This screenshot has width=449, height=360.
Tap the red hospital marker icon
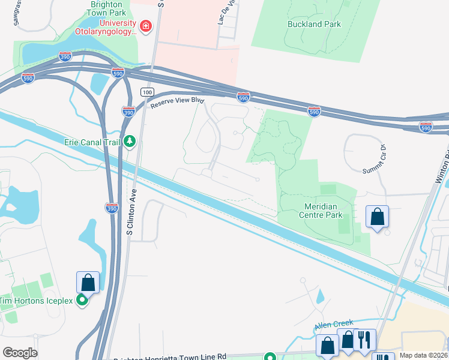(145, 26)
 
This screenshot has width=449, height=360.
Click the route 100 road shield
(147, 92)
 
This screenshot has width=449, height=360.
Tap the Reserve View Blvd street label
(178, 103)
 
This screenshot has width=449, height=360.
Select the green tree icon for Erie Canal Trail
(129, 142)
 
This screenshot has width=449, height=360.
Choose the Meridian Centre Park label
(320, 210)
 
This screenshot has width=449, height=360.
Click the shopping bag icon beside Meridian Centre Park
(377, 217)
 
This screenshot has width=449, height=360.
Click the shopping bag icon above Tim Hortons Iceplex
(88, 282)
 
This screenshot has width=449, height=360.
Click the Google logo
(20, 352)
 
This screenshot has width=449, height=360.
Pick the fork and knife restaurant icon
(364, 340)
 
